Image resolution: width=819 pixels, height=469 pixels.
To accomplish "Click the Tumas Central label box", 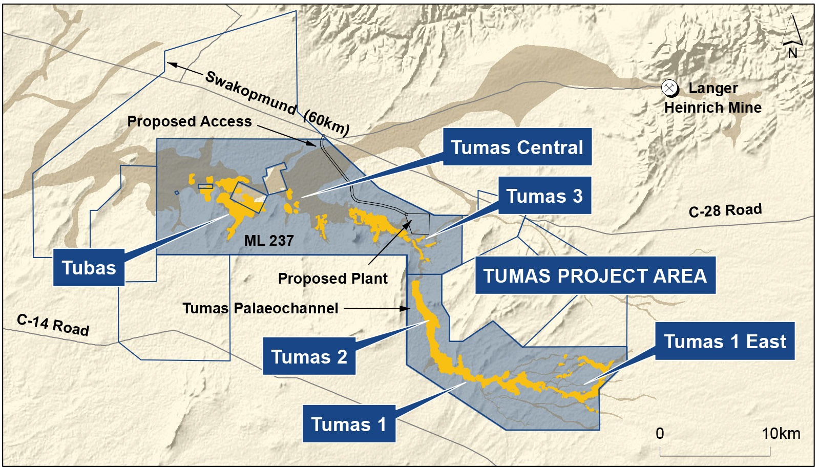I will click(517, 147).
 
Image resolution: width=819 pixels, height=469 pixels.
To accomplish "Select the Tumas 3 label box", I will click(544, 196).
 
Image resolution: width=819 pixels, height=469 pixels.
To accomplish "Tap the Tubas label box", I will click(89, 267).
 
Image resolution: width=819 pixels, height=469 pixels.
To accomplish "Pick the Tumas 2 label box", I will click(309, 356).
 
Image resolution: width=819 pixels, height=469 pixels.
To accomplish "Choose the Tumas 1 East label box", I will click(724, 341).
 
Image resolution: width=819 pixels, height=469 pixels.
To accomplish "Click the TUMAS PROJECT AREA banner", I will click(595, 275).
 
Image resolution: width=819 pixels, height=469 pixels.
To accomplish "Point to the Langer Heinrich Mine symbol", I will click(669, 88).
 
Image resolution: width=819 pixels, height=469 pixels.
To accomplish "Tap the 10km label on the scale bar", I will click(780, 434).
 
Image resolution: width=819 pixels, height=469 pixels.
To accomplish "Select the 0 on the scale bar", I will click(660, 434).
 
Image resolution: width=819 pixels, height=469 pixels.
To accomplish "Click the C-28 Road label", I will click(725, 210).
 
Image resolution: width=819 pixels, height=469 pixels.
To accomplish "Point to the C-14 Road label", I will click(53, 325).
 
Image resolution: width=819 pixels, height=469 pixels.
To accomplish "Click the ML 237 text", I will click(269, 240).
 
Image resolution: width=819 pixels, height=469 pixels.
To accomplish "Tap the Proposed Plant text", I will click(332, 279).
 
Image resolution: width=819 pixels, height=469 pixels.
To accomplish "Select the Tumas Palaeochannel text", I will click(260, 308).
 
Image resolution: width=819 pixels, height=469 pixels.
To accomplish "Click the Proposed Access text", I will click(190, 121).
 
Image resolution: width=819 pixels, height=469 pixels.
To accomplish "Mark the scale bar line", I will click(715, 454).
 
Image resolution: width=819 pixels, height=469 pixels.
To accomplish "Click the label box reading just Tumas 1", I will click(348, 424).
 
